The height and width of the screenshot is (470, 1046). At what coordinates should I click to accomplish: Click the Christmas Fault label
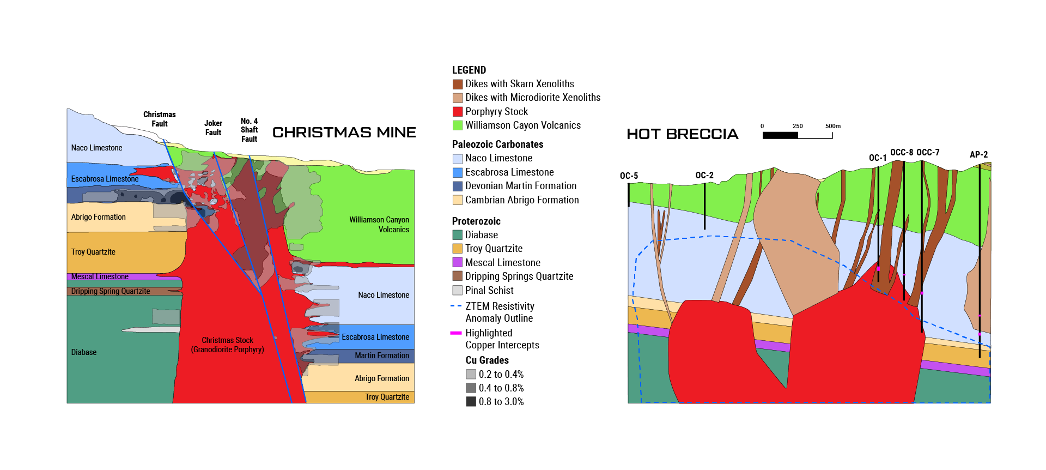pos(160,119)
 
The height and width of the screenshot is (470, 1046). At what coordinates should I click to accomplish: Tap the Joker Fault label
pos(214,128)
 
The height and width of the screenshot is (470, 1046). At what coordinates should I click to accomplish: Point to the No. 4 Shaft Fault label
pos(250,130)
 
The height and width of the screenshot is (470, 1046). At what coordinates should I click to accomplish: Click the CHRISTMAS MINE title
pos(344,132)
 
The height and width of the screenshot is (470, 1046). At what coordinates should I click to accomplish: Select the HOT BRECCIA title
pos(683,134)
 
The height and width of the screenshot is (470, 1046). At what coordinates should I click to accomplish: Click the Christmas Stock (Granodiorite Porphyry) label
pos(228,345)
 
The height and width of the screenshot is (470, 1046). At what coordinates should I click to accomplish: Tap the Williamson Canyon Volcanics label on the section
pos(379,224)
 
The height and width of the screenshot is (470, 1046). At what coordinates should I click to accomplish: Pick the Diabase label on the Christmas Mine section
pos(84,352)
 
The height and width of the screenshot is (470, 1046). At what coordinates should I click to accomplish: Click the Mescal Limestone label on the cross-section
pos(100,276)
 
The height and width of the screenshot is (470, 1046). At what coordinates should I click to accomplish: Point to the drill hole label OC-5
pos(629,176)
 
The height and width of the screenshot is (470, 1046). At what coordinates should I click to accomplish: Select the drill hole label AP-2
pos(978,154)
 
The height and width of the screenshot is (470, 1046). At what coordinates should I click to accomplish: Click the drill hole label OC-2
pos(704,175)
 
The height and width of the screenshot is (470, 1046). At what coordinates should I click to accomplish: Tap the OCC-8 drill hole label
pos(902,152)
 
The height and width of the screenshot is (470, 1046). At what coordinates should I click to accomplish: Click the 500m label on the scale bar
pos(833,126)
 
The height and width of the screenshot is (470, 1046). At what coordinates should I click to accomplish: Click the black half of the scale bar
pos(780,135)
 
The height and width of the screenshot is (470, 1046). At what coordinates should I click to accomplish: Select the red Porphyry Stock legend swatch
pos(458,112)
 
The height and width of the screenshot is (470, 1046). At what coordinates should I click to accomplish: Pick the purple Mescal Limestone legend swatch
pos(458,262)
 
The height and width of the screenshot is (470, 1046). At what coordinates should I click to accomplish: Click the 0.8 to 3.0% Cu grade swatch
pos(471,402)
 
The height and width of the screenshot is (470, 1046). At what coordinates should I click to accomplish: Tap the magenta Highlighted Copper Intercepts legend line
pos(456,333)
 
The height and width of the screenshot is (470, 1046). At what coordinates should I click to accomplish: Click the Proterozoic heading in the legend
pos(476,221)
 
